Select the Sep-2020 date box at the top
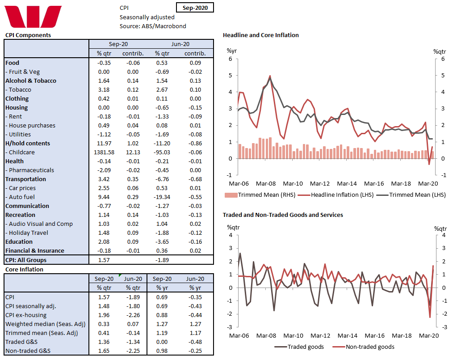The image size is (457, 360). (x=195, y=8)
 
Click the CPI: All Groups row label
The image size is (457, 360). (x=26, y=260)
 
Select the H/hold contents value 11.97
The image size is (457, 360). (x=106, y=143)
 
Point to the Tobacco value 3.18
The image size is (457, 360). (x=106, y=89)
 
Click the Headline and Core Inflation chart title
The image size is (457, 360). (x=260, y=35)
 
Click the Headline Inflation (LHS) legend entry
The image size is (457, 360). (x=337, y=195)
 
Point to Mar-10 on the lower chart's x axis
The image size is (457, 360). (x=293, y=335)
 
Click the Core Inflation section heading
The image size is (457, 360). (x=24, y=269)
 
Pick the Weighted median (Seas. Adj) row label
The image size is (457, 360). (x=45, y=324)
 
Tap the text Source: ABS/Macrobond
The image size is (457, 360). (x=153, y=26)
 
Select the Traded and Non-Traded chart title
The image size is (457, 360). (x=283, y=215)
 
